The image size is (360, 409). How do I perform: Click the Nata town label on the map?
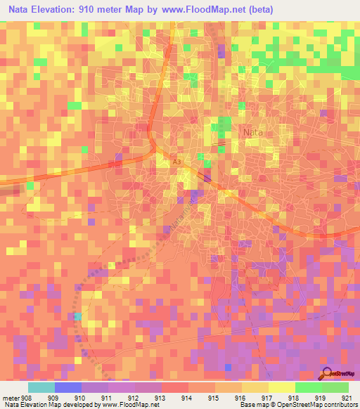pyautogui.click(x=252, y=131)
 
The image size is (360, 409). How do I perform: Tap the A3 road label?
pyautogui.click(x=177, y=162)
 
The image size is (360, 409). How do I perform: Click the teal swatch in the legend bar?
pyautogui.click(x=41, y=387)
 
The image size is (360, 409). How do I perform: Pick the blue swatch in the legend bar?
pyautogui.click(x=68, y=387)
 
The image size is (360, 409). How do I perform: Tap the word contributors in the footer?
pyautogui.click(x=340, y=404)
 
